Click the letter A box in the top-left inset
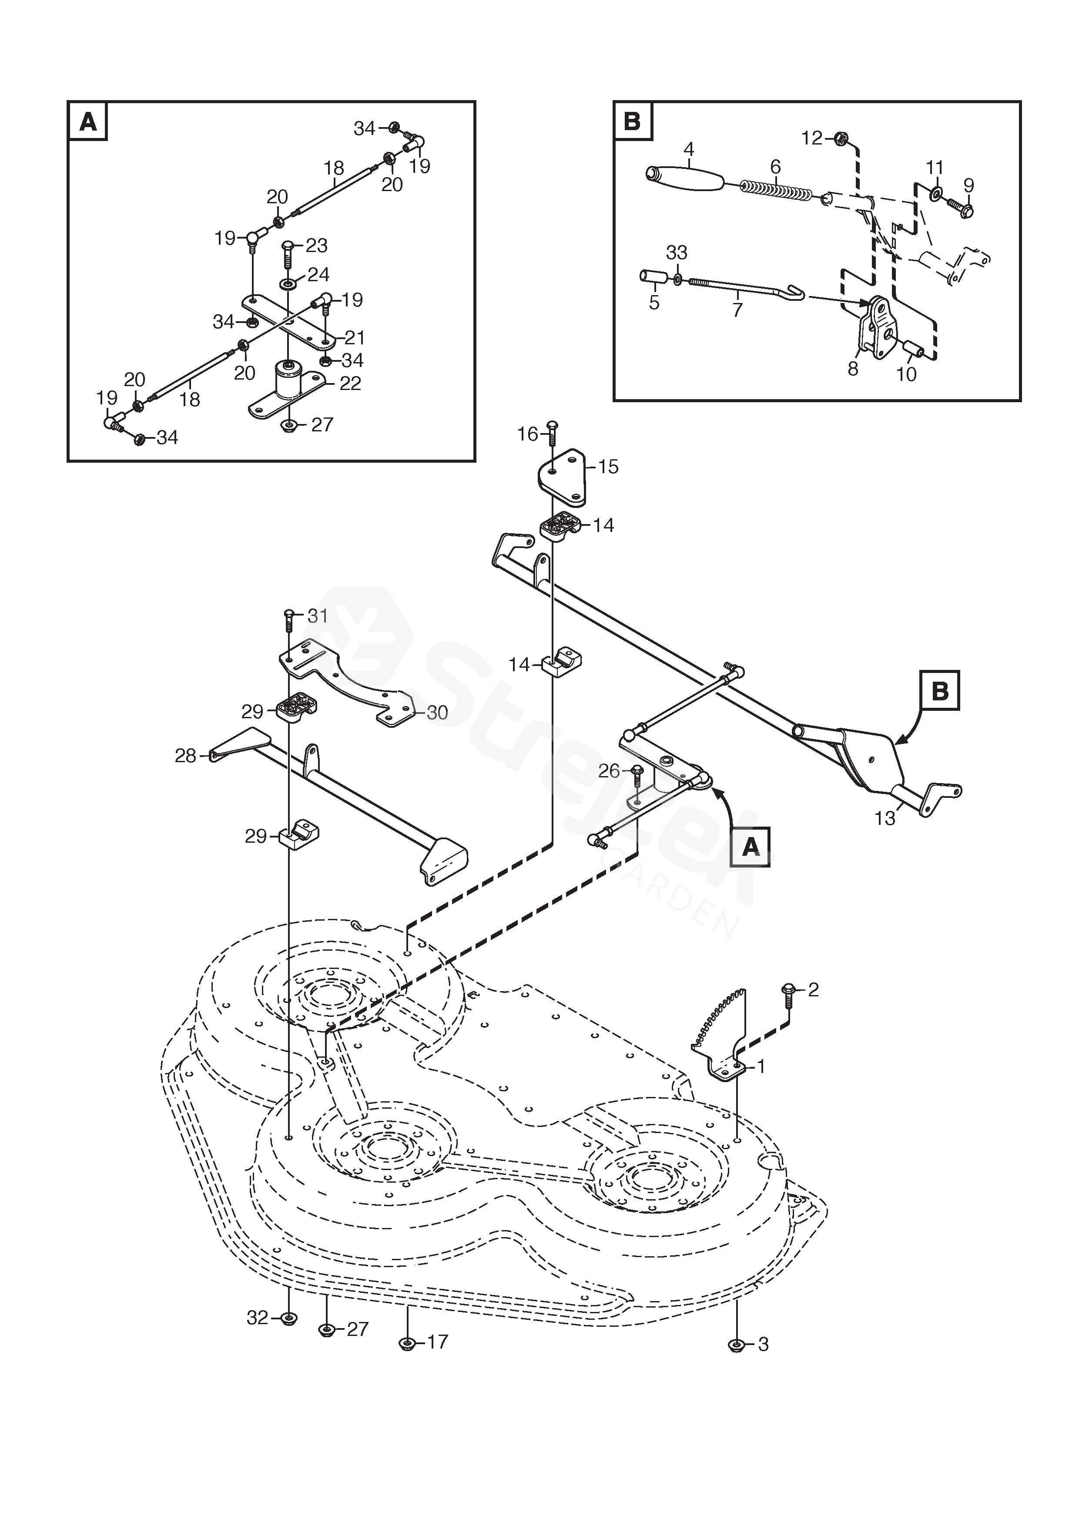tap(88, 122)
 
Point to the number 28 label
tap(185, 756)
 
